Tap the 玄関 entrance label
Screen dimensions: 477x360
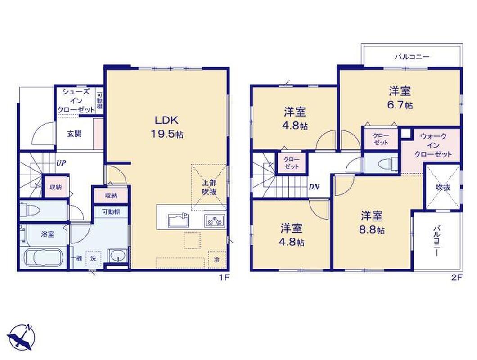point(74,134)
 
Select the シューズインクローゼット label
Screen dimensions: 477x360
point(76,101)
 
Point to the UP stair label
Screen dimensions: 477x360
point(61,163)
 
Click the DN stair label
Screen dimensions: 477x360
point(314,187)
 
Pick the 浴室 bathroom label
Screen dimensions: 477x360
point(47,234)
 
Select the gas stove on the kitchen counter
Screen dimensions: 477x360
point(215,220)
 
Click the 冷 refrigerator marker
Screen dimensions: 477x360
point(216,260)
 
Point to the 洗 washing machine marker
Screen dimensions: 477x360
point(93,258)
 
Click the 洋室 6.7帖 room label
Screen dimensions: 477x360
point(400,98)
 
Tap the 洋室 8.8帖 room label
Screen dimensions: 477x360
point(372,222)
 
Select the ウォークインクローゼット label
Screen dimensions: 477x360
point(433,145)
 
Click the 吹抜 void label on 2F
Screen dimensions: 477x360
point(443,188)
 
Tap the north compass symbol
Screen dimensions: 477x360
point(22,337)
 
